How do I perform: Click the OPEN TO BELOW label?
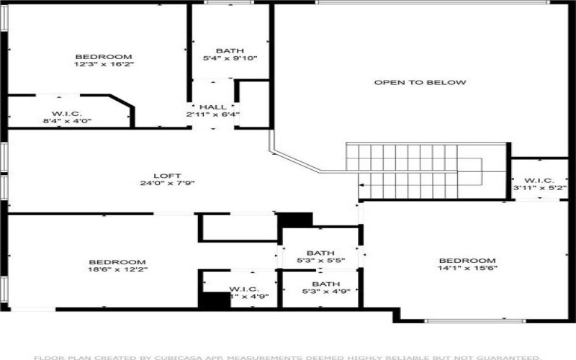tap(420, 82)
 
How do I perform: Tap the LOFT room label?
tap(167, 176)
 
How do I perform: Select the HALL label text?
tap(212, 107)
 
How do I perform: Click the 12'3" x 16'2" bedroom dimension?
tap(104, 64)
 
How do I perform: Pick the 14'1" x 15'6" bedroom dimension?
tap(467, 268)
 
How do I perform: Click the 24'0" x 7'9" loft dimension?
tap(167, 183)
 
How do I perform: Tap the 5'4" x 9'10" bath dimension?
tap(230, 58)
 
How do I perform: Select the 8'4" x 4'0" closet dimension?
tap(66, 121)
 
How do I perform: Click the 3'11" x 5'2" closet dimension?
tap(539, 187)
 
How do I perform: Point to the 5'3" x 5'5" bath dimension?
tap(320, 260)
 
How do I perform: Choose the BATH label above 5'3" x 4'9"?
tap(320, 284)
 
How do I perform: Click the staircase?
tap(414, 171)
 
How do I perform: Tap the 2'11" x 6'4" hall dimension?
tap(212, 114)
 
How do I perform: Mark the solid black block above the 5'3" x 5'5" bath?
tap(295, 219)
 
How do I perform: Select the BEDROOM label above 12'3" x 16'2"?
tap(104, 57)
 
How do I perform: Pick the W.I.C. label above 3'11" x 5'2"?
tap(539, 180)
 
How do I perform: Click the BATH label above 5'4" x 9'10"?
tap(230, 50)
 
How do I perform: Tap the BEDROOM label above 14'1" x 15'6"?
tap(467, 261)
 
